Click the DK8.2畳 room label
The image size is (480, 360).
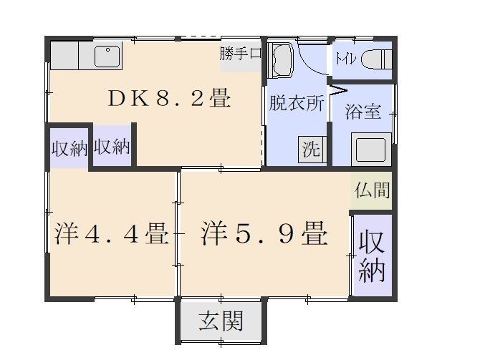coord(169,99)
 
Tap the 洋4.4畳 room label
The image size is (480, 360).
coord(111,234)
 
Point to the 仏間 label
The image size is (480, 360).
coord(372,191)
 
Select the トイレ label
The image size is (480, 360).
coord(342,59)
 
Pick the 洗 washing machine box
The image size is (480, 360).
coord(312,149)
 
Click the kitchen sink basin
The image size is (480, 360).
coord(107,55)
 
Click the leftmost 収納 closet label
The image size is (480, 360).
coord(69,148)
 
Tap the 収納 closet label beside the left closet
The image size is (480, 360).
coord(112,147)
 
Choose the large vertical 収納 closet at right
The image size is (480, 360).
coord(372,256)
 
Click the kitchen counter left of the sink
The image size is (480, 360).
coord(72,55)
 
